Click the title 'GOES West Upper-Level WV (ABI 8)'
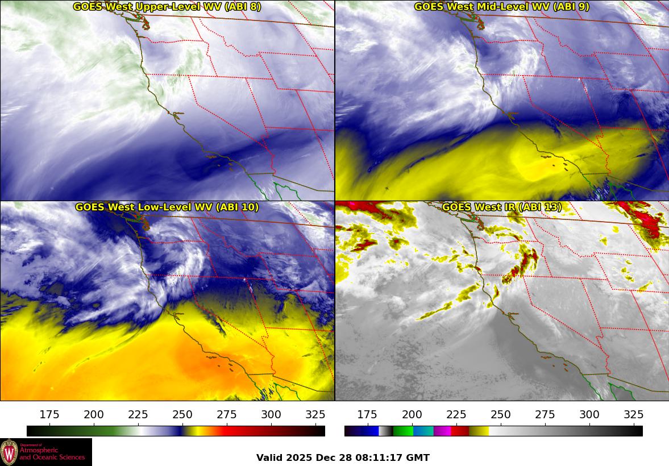tap(167, 7)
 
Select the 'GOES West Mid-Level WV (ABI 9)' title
tap(501, 7)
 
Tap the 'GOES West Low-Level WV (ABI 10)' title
tap(167, 207)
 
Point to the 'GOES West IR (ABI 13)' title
tap(501, 207)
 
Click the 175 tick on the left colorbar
tap(49, 415)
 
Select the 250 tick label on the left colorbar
tap(182, 415)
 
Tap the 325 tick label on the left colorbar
tap(315, 415)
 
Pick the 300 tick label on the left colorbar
tap(271, 415)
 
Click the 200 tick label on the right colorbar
tap(412, 415)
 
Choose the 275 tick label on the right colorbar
tap(545, 415)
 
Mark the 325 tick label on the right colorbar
tap(634, 415)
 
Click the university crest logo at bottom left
tap(9, 452)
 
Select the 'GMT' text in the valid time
tap(418, 457)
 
